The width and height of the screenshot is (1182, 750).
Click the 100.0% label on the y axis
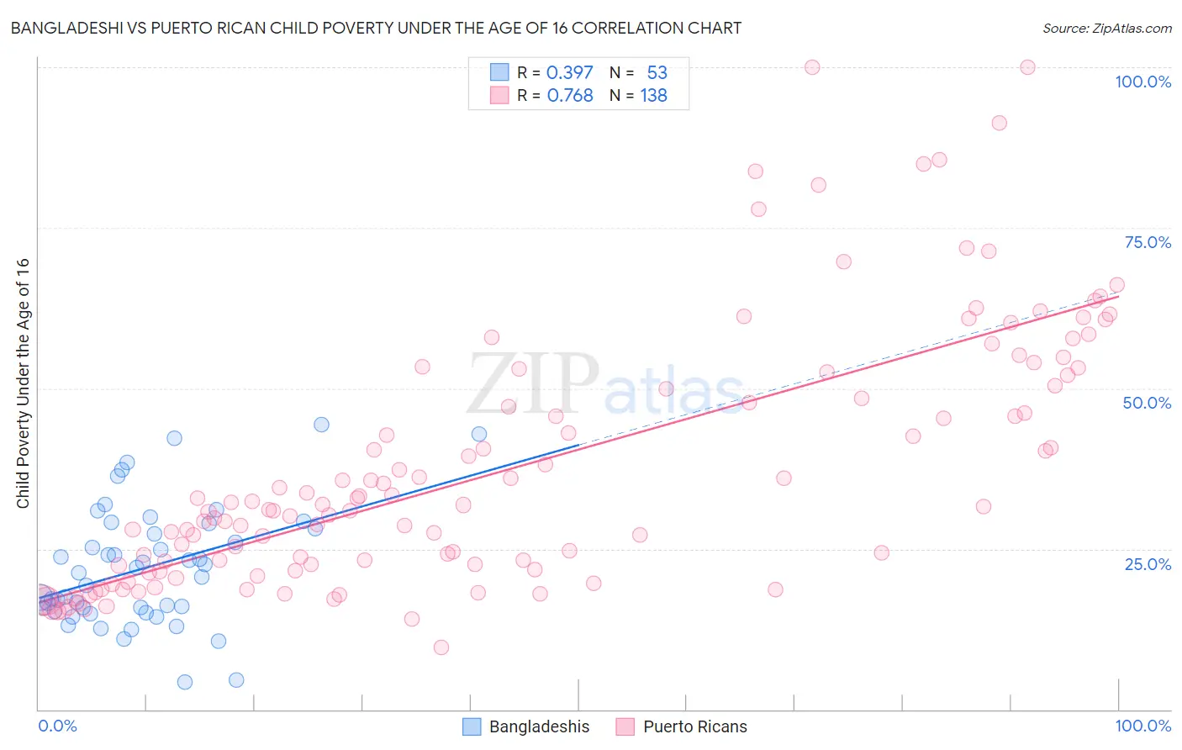[x=1142, y=82]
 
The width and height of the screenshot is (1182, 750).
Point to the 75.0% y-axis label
[x=1148, y=242]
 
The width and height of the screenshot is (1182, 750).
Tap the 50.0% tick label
[x=1147, y=403]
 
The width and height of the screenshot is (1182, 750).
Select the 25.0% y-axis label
[x=1148, y=564]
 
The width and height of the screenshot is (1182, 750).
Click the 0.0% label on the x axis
[x=57, y=726]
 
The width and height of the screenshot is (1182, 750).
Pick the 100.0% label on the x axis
[x=1142, y=726]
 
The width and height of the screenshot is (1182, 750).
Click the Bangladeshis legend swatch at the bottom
[x=472, y=726]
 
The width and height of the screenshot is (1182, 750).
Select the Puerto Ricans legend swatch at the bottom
[x=625, y=726]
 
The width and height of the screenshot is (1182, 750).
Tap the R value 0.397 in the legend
[x=569, y=72]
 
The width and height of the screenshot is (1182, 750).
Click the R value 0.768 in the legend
[x=569, y=96]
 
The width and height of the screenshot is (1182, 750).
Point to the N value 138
[x=653, y=96]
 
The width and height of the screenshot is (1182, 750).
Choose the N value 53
[x=657, y=72]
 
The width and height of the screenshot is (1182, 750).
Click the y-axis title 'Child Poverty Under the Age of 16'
[x=23, y=383]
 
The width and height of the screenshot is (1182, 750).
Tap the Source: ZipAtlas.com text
[x=1106, y=28]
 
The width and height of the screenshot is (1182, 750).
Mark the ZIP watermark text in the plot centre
[x=533, y=383]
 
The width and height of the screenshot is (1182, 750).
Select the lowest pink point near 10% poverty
[x=441, y=647]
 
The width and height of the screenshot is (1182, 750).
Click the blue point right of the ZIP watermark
[x=479, y=434]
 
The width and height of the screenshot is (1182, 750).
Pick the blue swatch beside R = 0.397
[x=499, y=72]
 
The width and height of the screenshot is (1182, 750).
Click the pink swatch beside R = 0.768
[x=499, y=96]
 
